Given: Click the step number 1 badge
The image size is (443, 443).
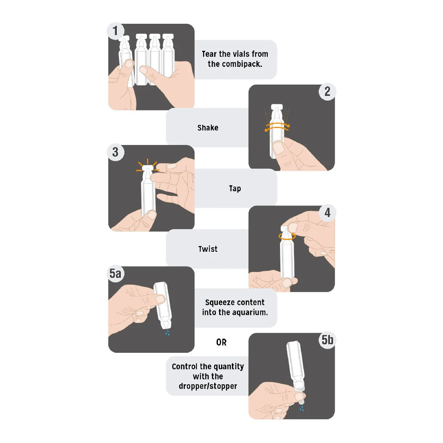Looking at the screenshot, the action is (115, 31).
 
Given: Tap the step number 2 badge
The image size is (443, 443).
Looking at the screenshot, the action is (327, 91).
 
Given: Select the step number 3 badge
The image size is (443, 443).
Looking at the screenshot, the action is (115, 152).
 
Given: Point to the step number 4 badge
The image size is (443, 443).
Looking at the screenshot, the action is (327, 213).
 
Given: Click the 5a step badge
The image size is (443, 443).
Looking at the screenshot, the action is (116, 273).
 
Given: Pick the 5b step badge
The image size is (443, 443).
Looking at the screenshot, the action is (327, 340).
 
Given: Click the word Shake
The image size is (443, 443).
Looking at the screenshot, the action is (208, 128).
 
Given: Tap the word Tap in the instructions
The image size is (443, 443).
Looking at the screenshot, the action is (235, 188).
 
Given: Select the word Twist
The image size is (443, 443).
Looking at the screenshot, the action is (208, 249).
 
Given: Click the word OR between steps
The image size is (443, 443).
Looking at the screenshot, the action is (221, 342).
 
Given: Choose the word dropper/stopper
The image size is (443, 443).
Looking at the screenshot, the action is (208, 386).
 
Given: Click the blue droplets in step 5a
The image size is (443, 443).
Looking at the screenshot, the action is (168, 333).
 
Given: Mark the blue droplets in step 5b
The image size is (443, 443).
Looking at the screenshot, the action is (302, 408).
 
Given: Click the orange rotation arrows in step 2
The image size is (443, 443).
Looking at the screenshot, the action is (277, 127).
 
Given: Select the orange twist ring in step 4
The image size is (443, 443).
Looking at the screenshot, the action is (287, 236).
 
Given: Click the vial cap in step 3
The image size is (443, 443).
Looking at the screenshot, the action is (147, 168).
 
